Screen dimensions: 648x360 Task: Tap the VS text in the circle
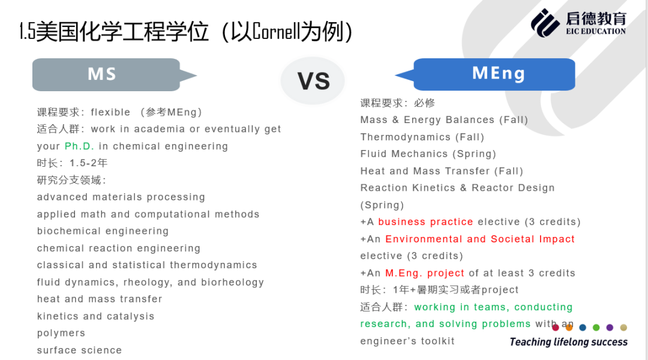(314, 81)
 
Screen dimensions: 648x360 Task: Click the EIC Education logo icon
(545, 23)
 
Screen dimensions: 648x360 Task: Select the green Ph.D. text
(79, 146)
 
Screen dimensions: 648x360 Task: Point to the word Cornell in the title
(275, 31)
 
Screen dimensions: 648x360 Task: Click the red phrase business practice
(425, 222)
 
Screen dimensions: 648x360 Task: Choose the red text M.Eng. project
(424, 273)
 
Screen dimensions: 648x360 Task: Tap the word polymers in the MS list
(61, 333)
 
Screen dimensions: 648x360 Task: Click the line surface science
(79, 350)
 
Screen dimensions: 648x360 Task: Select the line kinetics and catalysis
(95, 316)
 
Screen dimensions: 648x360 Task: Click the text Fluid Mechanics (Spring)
(428, 154)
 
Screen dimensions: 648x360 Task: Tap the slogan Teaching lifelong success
(569, 342)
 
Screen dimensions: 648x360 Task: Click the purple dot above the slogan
(610, 328)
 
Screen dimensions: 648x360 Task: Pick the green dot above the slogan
(596, 328)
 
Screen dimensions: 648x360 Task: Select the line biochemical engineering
(103, 231)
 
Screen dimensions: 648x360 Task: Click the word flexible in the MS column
(110, 112)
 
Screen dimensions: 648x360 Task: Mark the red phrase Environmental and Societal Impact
(480, 239)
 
